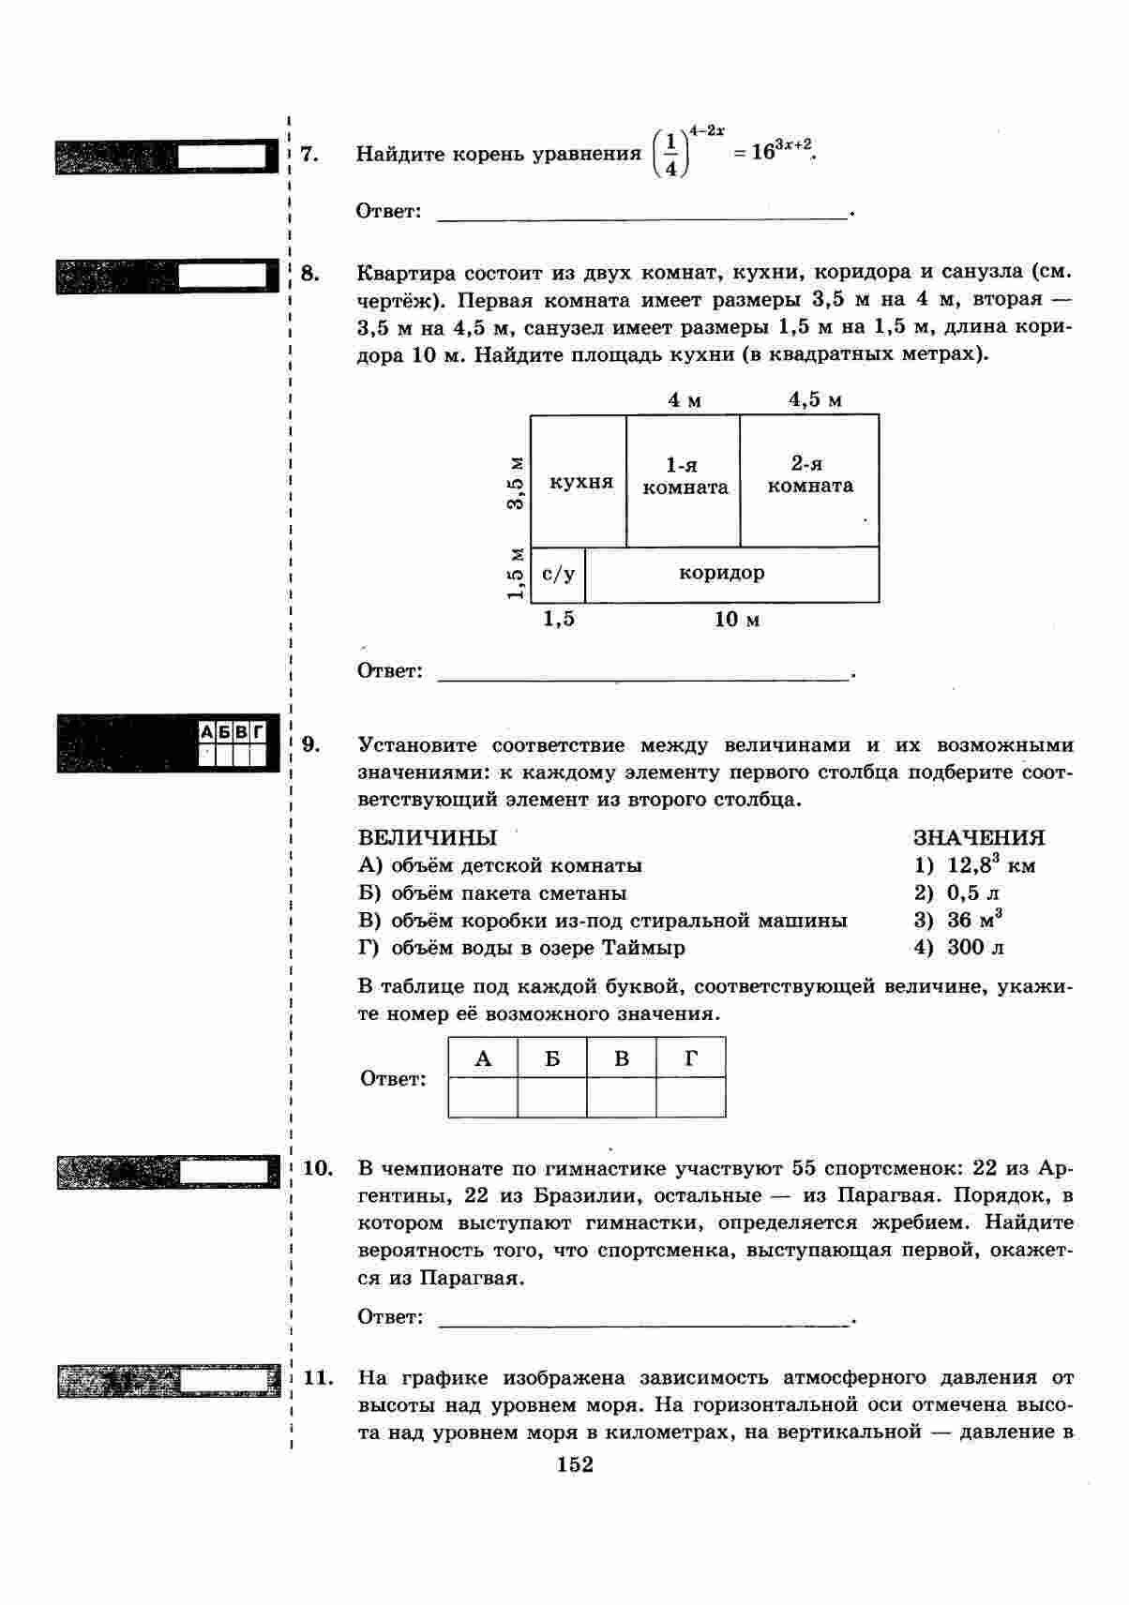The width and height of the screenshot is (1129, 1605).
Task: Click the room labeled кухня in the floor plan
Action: coord(580,482)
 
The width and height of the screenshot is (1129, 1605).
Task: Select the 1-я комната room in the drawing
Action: coord(685,476)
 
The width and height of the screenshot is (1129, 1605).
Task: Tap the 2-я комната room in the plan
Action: coord(809,474)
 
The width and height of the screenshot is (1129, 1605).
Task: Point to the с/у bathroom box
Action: coord(558,574)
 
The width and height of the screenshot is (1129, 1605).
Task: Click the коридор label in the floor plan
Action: coord(721,572)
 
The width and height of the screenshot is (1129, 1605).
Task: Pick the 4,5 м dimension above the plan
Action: coord(815,399)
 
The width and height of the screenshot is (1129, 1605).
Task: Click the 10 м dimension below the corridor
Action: coord(737,620)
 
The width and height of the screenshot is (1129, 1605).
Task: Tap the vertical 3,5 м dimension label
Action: coord(515,482)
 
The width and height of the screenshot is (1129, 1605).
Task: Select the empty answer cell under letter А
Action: coord(483,1097)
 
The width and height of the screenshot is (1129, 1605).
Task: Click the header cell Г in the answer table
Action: coord(691,1058)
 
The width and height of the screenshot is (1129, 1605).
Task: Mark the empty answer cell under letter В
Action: coord(622,1097)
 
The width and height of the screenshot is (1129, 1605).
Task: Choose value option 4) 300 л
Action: coord(958,947)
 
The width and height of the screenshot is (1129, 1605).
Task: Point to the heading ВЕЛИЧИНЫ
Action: coord(428,837)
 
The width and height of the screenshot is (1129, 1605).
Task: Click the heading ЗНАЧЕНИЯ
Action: coord(979,837)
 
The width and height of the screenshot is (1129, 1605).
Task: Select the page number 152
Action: coord(574,1464)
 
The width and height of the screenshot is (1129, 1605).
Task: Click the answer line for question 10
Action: coord(642,1322)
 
